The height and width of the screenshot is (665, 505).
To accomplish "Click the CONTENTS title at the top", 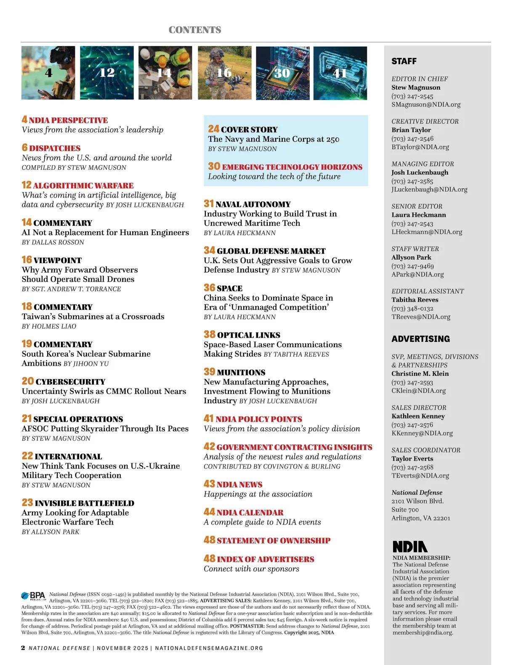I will [195, 30].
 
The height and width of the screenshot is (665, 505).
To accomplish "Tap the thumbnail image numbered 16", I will [224, 73].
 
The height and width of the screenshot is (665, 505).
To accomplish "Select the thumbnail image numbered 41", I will [340, 73].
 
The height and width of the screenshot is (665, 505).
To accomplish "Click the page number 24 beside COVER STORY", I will [213, 129].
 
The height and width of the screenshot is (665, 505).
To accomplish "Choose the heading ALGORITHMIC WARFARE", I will [83, 185].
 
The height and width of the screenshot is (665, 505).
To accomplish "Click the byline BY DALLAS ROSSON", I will [53, 242].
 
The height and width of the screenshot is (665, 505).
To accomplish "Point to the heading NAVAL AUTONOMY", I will [253, 204].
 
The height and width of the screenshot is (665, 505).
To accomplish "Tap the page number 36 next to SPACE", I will [209, 288].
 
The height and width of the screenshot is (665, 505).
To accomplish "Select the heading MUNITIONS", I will [241, 372].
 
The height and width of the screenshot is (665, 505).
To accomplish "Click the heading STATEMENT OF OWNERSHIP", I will [274, 541].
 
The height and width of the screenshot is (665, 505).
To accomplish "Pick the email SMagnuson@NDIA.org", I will [426, 104].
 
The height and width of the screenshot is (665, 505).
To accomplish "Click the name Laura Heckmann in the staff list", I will [419, 215].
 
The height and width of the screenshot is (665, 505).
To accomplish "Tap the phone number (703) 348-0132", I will [412, 308].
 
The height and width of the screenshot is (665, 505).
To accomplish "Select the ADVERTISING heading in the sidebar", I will [421, 339].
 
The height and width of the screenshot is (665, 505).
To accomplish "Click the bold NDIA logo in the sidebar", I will [410, 546].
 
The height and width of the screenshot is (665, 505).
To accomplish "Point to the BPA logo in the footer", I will [33, 596].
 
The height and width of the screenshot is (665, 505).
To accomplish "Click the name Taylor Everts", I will [412, 459].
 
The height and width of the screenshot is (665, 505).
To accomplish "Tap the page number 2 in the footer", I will [23, 648].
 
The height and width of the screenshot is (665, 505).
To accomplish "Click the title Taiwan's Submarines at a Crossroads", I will [93, 317].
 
